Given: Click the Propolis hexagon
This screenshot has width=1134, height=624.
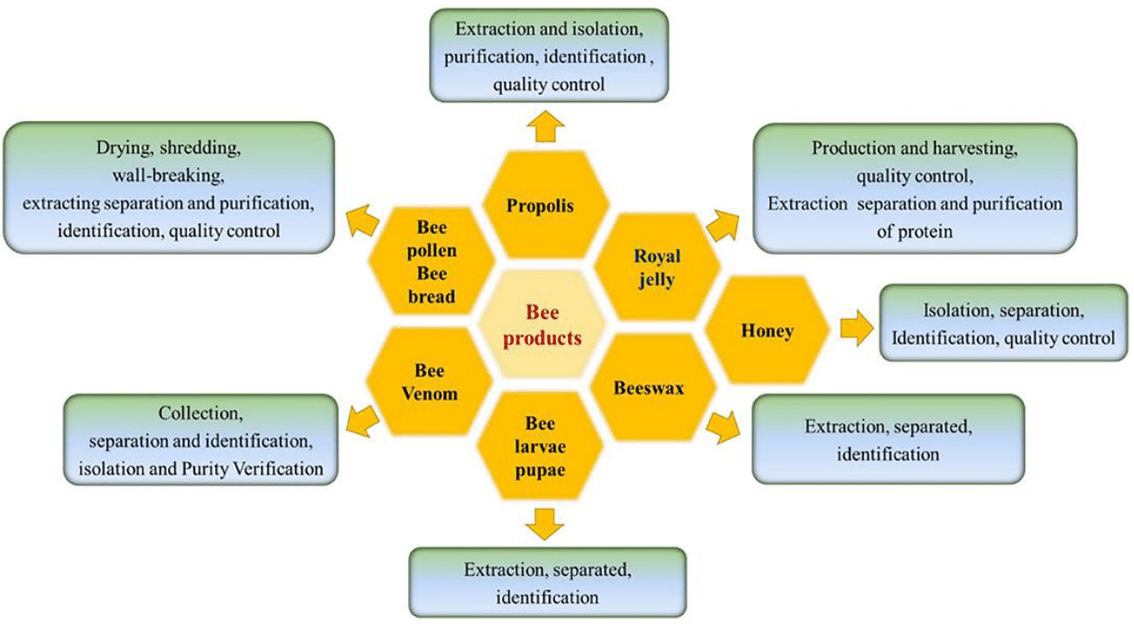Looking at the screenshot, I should coord(540,206).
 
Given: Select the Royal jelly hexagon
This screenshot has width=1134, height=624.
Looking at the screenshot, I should coord(656,269).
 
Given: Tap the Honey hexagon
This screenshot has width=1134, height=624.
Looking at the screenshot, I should coord(767,331).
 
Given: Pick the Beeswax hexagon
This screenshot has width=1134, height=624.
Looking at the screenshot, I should coord(648,388).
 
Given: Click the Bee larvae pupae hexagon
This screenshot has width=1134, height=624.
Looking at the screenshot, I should coord(540,446).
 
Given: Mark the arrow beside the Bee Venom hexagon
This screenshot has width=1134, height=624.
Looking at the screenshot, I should coord(364,416).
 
